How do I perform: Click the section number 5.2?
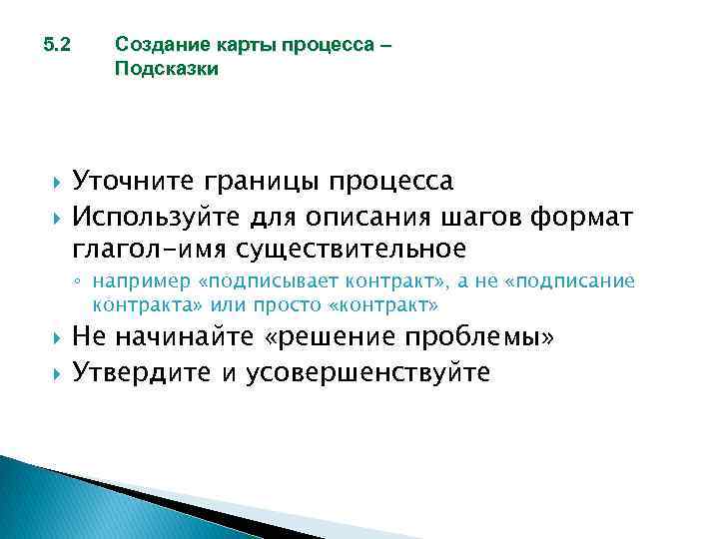pos(59,46)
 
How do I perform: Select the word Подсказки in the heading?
pos(166,70)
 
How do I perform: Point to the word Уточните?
pos(134,182)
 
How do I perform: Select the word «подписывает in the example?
pos(257,281)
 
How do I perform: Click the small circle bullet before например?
pos(83,282)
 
